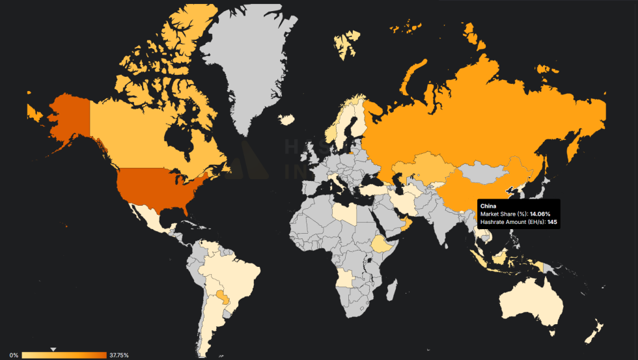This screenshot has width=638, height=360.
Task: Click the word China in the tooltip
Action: pyautogui.click(x=489, y=206)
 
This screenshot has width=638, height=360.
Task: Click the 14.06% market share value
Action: pyautogui.click(x=540, y=214)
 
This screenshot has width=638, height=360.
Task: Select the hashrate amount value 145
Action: pyautogui.click(x=552, y=222)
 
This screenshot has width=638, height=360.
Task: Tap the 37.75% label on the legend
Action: pyautogui.click(x=118, y=355)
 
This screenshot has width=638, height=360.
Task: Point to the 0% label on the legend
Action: pyautogui.click(x=14, y=355)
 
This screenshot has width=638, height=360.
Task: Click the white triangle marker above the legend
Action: pyautogui.click(x=54, y=349)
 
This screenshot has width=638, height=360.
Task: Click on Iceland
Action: pyautogui.click(x=286, y=119)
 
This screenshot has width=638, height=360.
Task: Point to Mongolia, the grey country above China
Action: pyautogui.click(x=485, y=173)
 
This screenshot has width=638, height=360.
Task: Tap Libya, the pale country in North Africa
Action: pyautogui.click(x=345, y=212)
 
